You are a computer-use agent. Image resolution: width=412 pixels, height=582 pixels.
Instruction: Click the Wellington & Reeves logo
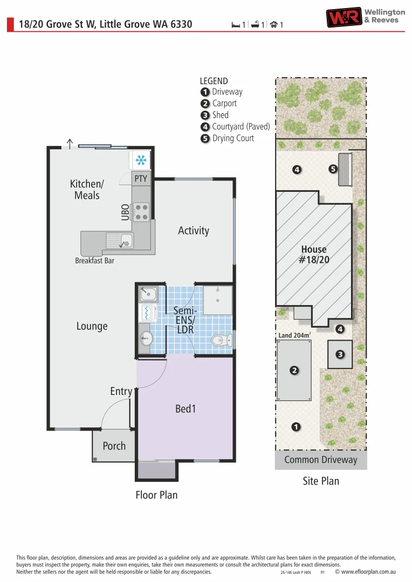[365, 17]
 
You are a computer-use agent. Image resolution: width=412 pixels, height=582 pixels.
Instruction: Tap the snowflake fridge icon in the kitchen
[141, 160]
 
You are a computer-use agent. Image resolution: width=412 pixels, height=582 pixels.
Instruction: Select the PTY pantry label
[140, 178]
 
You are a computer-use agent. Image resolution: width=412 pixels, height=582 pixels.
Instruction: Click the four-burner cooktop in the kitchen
[141, 211]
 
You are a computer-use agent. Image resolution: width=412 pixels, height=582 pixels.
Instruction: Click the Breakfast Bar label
[94, 261]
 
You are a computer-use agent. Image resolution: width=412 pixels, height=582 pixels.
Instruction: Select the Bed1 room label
[185, 409]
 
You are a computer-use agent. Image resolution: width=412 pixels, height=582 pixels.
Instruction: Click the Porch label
[114, 446]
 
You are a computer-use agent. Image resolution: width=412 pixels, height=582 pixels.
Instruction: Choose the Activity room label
[194, 231]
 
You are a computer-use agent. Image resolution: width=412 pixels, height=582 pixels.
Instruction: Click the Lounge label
[92, 326]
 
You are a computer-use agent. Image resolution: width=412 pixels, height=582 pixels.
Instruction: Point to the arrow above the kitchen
[70, 143]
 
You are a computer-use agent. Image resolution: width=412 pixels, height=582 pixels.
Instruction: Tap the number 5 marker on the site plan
[333, 169]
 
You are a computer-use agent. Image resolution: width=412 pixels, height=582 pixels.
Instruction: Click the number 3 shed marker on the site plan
[340, 355]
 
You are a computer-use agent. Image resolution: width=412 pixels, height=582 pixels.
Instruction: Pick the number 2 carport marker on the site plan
[294, 370]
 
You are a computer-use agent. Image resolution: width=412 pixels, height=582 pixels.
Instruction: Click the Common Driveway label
[321, 460]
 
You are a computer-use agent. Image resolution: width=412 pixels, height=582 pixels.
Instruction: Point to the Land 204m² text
[294, 335]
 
